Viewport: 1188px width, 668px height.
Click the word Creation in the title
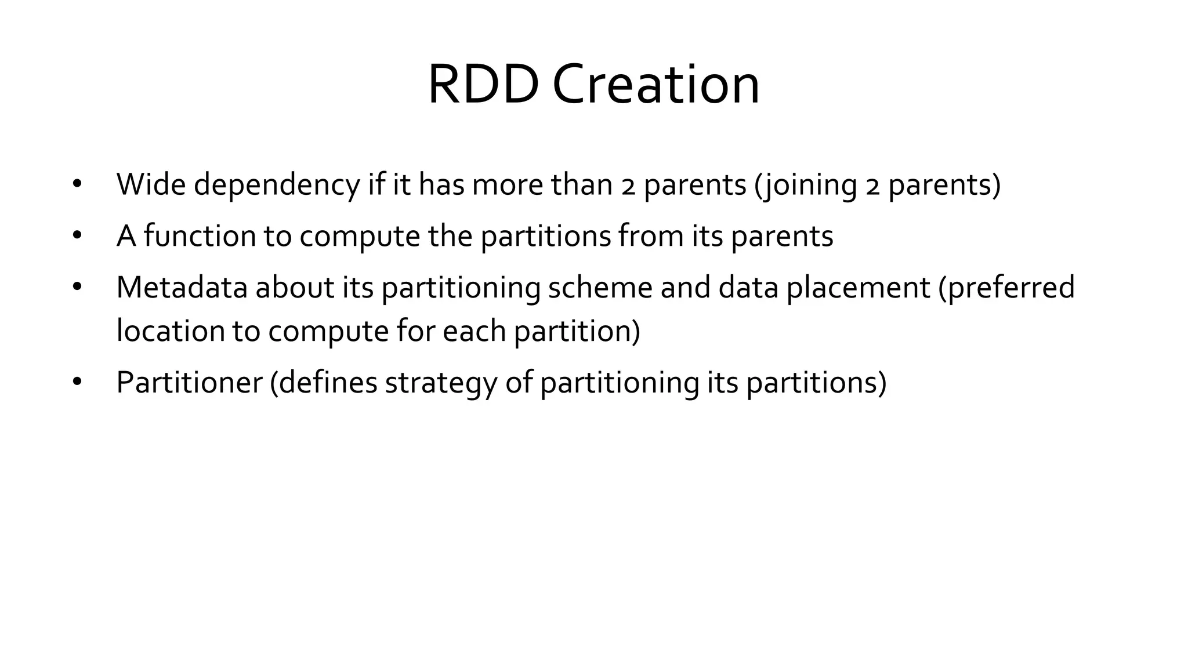[655, 85]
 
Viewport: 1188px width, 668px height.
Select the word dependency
[277, 186]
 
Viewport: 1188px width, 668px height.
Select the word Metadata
[182, 287]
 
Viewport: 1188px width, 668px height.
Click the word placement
[858, 288]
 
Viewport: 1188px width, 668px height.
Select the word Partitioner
[189, 382]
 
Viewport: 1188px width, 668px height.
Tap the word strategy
[441, 383]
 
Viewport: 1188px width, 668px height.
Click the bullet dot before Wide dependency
[77, 184]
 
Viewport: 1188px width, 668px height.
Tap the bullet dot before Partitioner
[77, 382]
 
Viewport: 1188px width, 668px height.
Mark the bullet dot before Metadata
[77, 287]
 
